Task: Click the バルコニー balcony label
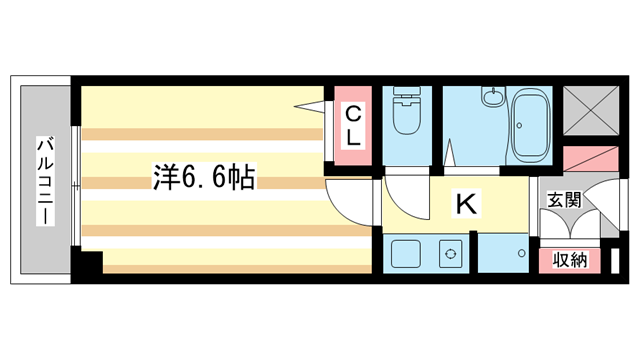click(45, 180)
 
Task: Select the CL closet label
click(354, 125)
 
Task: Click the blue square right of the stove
click(506, 255)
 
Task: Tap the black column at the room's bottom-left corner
click(91, 263)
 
